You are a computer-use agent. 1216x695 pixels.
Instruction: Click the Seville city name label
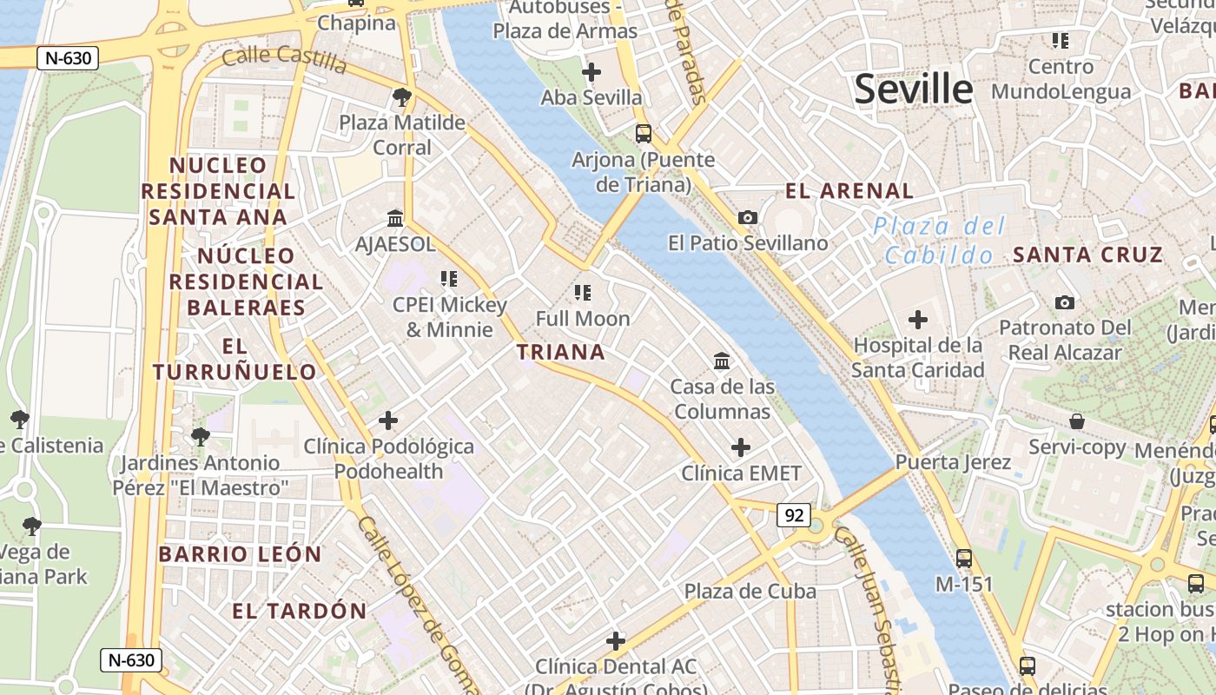[914, 89]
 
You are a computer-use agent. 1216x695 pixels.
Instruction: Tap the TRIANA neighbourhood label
[560, 352]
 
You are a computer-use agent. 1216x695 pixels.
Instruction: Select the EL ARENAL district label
[849, 191]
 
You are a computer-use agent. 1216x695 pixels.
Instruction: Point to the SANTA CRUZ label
[1087, 255]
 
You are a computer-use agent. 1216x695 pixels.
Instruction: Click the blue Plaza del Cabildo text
[940, 241]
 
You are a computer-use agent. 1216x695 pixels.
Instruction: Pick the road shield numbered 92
[794, 515]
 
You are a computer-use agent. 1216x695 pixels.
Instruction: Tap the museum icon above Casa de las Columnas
[721, 361]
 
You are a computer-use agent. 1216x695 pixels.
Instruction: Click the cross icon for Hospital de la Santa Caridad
[917, 320]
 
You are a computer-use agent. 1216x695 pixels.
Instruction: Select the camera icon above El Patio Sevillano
[747, 217]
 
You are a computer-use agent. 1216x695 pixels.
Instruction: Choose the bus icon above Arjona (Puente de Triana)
[643, 134]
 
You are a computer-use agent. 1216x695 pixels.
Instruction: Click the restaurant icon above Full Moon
[582, 293]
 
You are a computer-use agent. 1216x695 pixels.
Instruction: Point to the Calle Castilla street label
[284, 59]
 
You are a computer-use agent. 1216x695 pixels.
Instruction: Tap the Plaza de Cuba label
[750, 592]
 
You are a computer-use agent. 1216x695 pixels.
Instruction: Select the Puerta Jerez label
[953, 461]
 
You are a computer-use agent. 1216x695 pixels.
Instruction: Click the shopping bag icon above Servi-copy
[1077, 421]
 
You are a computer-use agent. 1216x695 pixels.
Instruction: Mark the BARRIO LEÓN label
[240, 554]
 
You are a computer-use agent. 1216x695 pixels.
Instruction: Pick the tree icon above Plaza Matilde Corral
[401, 96]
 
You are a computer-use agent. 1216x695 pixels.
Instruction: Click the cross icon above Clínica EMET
[740, 447]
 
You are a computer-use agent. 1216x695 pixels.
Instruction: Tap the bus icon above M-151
[963, 558]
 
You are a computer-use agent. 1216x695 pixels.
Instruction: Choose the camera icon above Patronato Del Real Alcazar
[1064, 302]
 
